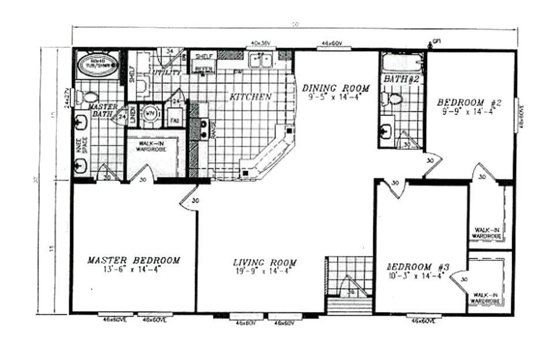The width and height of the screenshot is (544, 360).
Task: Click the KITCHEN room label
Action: coord(250,97)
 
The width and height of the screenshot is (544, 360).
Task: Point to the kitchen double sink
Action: coord(261,59)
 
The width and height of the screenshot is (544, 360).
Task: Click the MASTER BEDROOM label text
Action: coord(133,260)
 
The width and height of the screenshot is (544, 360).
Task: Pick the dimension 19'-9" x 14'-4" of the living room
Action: coord(266,271)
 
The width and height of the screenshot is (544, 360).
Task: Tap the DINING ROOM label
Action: coord(335,88)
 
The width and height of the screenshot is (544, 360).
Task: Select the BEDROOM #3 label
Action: coord(418,267)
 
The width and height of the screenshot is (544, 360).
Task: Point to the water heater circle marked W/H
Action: coord(151,113)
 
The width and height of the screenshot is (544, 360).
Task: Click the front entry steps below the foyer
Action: coord(348,304)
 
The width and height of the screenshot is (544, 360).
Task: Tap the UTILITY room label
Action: coord(166,72)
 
